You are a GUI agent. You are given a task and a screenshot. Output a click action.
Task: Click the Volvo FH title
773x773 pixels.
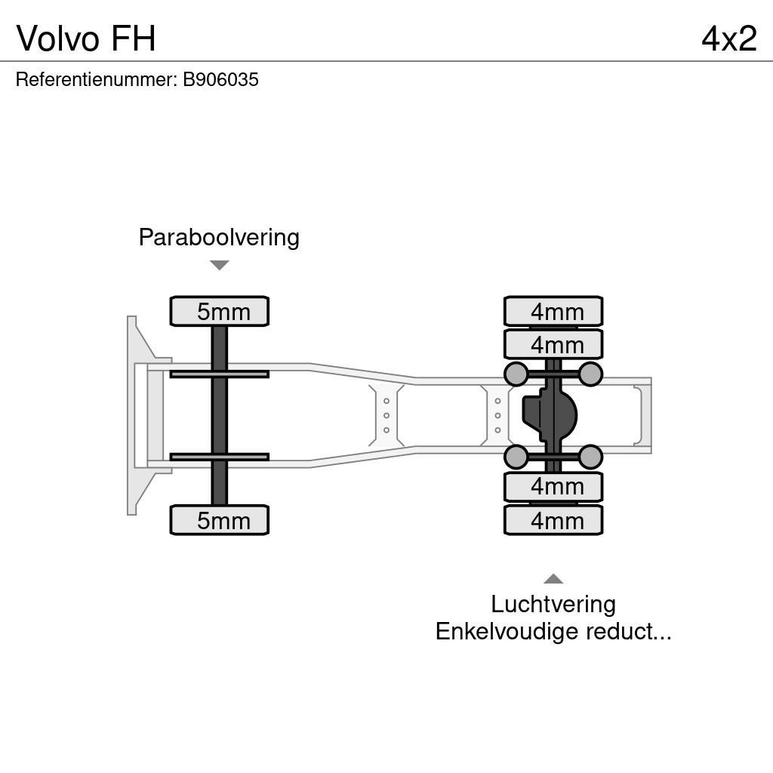coord(86,38)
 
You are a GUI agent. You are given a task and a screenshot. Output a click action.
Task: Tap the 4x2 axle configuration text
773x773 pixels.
coord(728,38)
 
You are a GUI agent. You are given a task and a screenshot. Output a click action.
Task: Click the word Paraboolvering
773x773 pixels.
coord(219,238)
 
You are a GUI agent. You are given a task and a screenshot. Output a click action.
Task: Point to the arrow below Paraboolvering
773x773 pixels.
coord(219,265)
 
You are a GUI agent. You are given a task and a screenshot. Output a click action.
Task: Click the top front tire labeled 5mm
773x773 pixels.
coord(220,312)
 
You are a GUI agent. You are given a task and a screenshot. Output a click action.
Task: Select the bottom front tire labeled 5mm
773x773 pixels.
coord(220,520)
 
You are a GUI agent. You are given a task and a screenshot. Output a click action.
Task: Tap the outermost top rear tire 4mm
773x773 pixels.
coord(553,311)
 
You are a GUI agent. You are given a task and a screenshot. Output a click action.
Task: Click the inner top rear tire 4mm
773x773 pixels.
coord(553,344)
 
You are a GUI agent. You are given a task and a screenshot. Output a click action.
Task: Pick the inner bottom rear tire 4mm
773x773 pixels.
coord(553,487)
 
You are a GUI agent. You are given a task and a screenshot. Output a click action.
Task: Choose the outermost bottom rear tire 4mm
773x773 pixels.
coord(553,520)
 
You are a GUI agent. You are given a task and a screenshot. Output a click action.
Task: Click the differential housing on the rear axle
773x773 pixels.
coord(550,415)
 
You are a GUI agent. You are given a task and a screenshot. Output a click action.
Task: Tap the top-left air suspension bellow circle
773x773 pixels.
coord(516,374)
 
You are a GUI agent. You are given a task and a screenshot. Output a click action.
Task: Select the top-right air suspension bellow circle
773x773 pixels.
coord(590,374)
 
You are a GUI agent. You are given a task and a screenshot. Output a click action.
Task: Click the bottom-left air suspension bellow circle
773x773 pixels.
coord(516,457)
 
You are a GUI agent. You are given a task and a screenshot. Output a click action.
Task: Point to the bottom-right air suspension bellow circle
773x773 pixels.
coord(590,457)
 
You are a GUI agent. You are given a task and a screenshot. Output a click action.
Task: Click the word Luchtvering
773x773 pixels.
coord(553,604)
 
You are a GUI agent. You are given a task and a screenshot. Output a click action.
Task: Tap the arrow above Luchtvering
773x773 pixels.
coord(553,579)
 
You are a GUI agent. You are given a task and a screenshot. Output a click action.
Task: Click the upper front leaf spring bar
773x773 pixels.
coord(219,374)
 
